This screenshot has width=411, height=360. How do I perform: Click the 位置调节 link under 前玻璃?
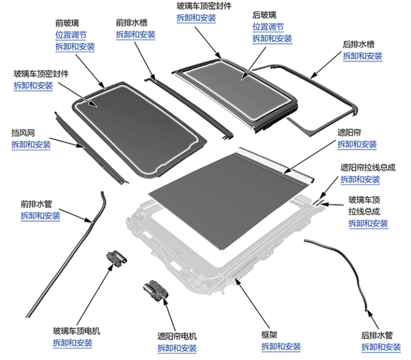click(x=70, y=35)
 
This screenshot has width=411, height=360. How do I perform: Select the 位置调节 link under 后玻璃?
click(x=268, y=26)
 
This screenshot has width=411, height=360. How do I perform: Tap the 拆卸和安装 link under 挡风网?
click(x=31, y=144)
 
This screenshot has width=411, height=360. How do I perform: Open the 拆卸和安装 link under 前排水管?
click(x=40, y=215)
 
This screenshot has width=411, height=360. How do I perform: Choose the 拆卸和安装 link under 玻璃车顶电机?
click(x=72, y=343)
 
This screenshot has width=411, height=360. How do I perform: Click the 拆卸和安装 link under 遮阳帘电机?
click(x=177, y=348)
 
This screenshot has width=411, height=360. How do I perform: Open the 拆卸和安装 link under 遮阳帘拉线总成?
click(x=360, y=179)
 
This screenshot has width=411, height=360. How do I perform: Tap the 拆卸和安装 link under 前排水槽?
click(x=135, y=35)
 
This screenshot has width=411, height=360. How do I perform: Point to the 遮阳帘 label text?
click(x=349, y=132)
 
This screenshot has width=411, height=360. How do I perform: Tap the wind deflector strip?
click(x=86, y=147)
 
